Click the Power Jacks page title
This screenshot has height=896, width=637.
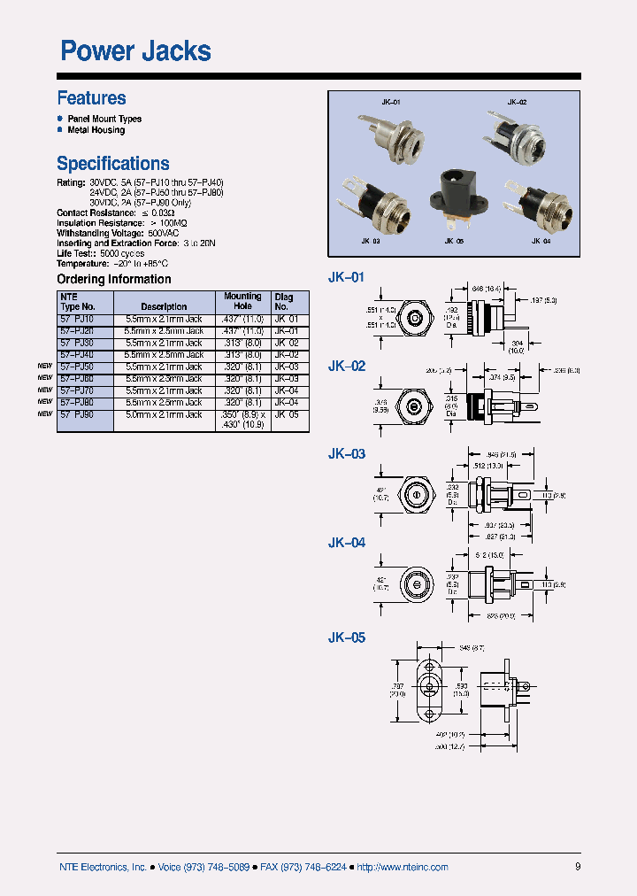pos(135,51)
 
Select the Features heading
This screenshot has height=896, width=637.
pos(91,98)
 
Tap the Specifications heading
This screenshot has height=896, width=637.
pos(113,164)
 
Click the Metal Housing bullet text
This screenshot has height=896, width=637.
pos(96,130)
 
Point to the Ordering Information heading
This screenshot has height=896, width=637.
pos(114,280)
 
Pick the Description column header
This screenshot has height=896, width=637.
pos(164,307)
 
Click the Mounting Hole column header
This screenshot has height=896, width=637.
pos(242,301)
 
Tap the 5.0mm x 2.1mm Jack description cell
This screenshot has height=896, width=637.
pos(164,414)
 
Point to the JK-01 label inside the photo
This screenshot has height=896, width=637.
pos(391,103)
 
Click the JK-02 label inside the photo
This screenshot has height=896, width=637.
pos(517,103)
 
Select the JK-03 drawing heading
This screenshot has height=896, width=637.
pos(347,454)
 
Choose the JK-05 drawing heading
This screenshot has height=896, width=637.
pos(347,637)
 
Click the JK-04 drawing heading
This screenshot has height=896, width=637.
pos(347,543)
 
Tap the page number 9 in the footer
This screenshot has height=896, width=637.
pos(578,868)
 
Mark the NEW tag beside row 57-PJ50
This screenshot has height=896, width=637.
pos(44,367)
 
